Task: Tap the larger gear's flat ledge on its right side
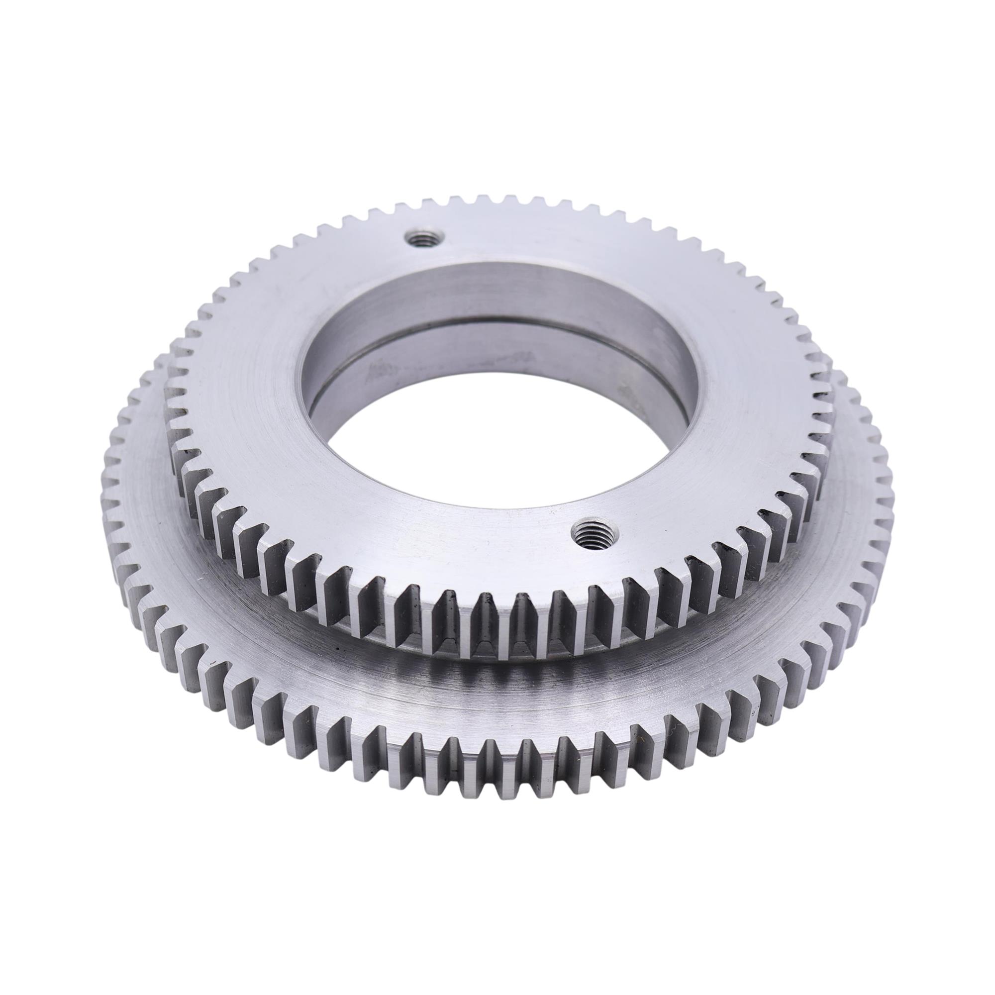[824, 546]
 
